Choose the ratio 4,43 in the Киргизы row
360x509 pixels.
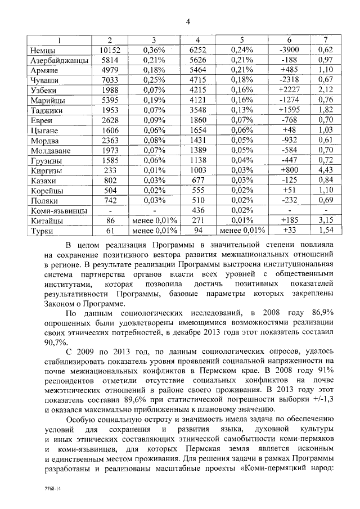326,170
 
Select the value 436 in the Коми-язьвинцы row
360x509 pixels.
198,210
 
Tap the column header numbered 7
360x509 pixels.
326,40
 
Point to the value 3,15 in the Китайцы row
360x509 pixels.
326,220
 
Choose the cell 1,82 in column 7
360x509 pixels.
326,110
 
